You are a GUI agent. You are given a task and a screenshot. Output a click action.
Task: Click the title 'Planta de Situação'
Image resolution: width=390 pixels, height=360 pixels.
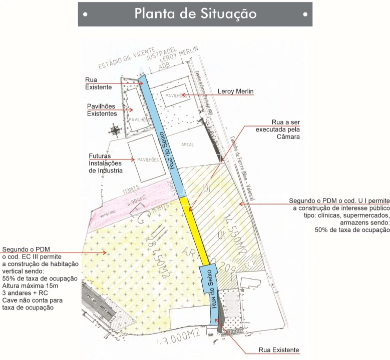point(195,13)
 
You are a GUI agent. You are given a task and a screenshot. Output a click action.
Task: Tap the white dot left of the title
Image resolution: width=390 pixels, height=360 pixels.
point(86,14)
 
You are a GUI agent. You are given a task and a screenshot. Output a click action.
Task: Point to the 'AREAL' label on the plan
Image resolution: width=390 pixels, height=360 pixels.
point(188,145)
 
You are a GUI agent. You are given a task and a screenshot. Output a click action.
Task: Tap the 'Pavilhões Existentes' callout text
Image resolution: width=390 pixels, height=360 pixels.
point(102,110)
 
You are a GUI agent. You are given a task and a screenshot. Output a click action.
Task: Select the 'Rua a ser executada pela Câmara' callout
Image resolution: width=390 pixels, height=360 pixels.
point(278,129)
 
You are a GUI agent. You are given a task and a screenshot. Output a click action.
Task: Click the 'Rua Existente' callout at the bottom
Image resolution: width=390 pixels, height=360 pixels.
point(278,350)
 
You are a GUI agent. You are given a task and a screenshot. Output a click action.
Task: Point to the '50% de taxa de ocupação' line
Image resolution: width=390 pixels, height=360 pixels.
point(352,229)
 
